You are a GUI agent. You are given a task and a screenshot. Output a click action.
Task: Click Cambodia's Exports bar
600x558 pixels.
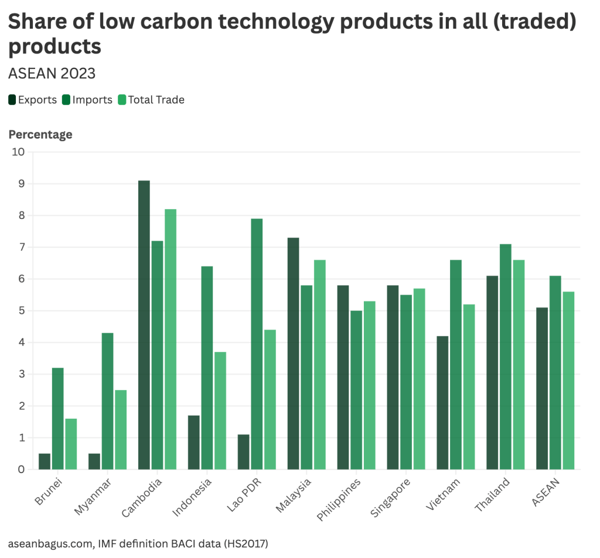(144, 325)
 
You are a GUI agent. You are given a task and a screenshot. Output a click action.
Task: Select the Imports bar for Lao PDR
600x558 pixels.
(256, 344)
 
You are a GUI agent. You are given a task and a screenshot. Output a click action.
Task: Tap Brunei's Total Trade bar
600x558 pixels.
(71, 444)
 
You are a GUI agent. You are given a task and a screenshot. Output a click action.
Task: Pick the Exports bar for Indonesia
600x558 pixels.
(194, 442)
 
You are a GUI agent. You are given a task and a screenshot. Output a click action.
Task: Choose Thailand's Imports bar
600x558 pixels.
(505, 357)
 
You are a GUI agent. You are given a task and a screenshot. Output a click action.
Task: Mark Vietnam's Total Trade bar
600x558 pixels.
(469, 387)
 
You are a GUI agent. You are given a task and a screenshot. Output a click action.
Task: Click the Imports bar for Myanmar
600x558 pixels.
(107, 401)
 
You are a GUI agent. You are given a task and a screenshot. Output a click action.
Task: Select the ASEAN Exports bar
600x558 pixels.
(542, 388)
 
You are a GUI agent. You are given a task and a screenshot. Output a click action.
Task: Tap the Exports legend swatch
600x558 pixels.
(12, 100)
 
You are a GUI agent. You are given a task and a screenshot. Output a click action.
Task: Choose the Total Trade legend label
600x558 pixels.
(156, 100)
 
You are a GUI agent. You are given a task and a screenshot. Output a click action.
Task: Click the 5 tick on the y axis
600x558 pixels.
(21, 311)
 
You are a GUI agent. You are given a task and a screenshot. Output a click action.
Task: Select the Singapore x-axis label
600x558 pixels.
(391, 498)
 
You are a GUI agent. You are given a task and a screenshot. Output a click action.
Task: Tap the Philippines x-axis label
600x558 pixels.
(339, 499)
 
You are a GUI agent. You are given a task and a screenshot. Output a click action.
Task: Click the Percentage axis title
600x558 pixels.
(40, 135)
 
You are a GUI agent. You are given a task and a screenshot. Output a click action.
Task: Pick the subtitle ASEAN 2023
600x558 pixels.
(52, 74)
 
